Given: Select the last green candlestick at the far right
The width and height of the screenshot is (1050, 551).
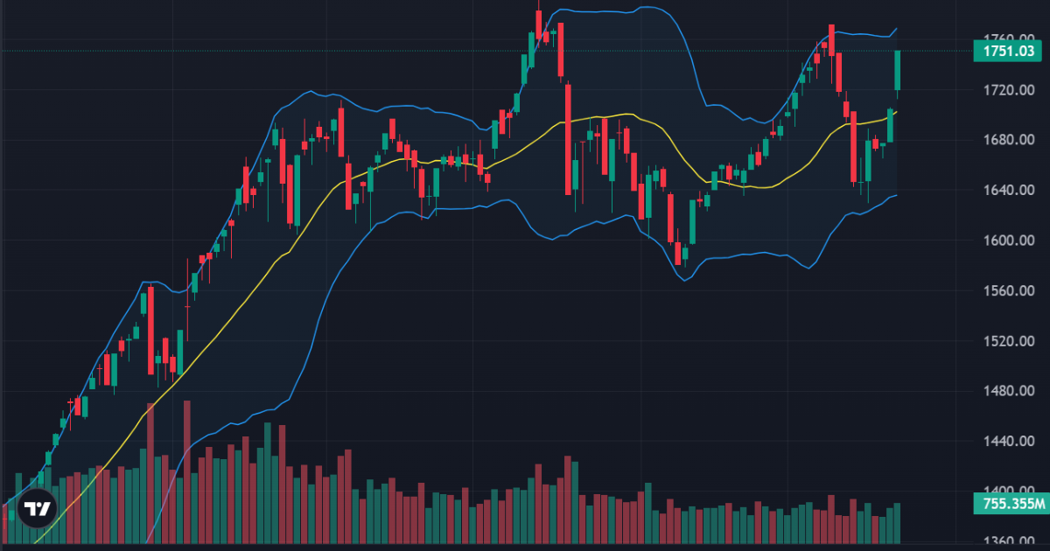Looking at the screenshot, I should tap(898, 70).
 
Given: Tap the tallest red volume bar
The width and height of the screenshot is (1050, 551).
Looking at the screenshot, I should tap(150, 472).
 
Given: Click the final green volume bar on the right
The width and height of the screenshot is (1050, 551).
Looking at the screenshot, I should tap(898, 523).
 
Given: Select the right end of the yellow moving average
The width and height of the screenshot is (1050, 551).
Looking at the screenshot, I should tap(897, 111).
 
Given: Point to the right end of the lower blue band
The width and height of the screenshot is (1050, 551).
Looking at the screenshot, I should tap(897, 195).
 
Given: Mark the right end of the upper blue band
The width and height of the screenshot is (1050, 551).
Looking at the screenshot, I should tap(897, 29).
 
